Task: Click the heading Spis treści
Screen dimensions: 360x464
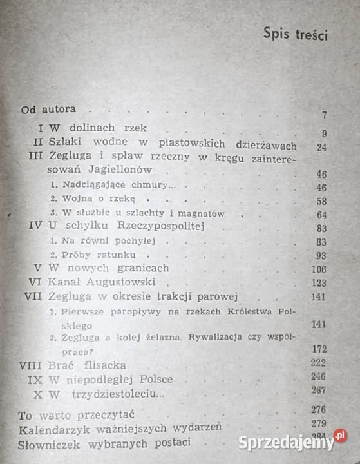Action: [x=295, y=35]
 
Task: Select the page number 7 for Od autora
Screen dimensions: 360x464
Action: [x=325, y=116]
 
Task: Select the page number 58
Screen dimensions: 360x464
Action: [x=319, y=201]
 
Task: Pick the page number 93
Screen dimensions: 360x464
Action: [x=319, y=255]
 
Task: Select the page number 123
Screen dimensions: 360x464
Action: [x=317, y=283]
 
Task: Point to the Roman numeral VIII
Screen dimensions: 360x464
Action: [x=33, y=364]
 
